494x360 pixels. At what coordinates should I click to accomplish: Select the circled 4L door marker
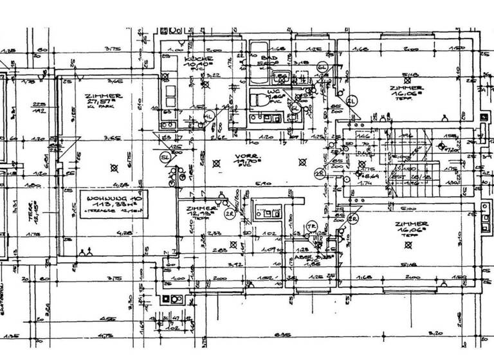click(x=207, y=116)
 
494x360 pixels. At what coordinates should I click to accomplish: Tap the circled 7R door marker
click(x=310, y=226)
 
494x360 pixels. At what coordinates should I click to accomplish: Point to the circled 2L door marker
click(x=351, y=102)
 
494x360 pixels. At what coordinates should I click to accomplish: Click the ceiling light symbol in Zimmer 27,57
click(x=114, y=168)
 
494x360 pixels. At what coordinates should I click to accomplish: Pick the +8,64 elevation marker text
click(x=369, y=175)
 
